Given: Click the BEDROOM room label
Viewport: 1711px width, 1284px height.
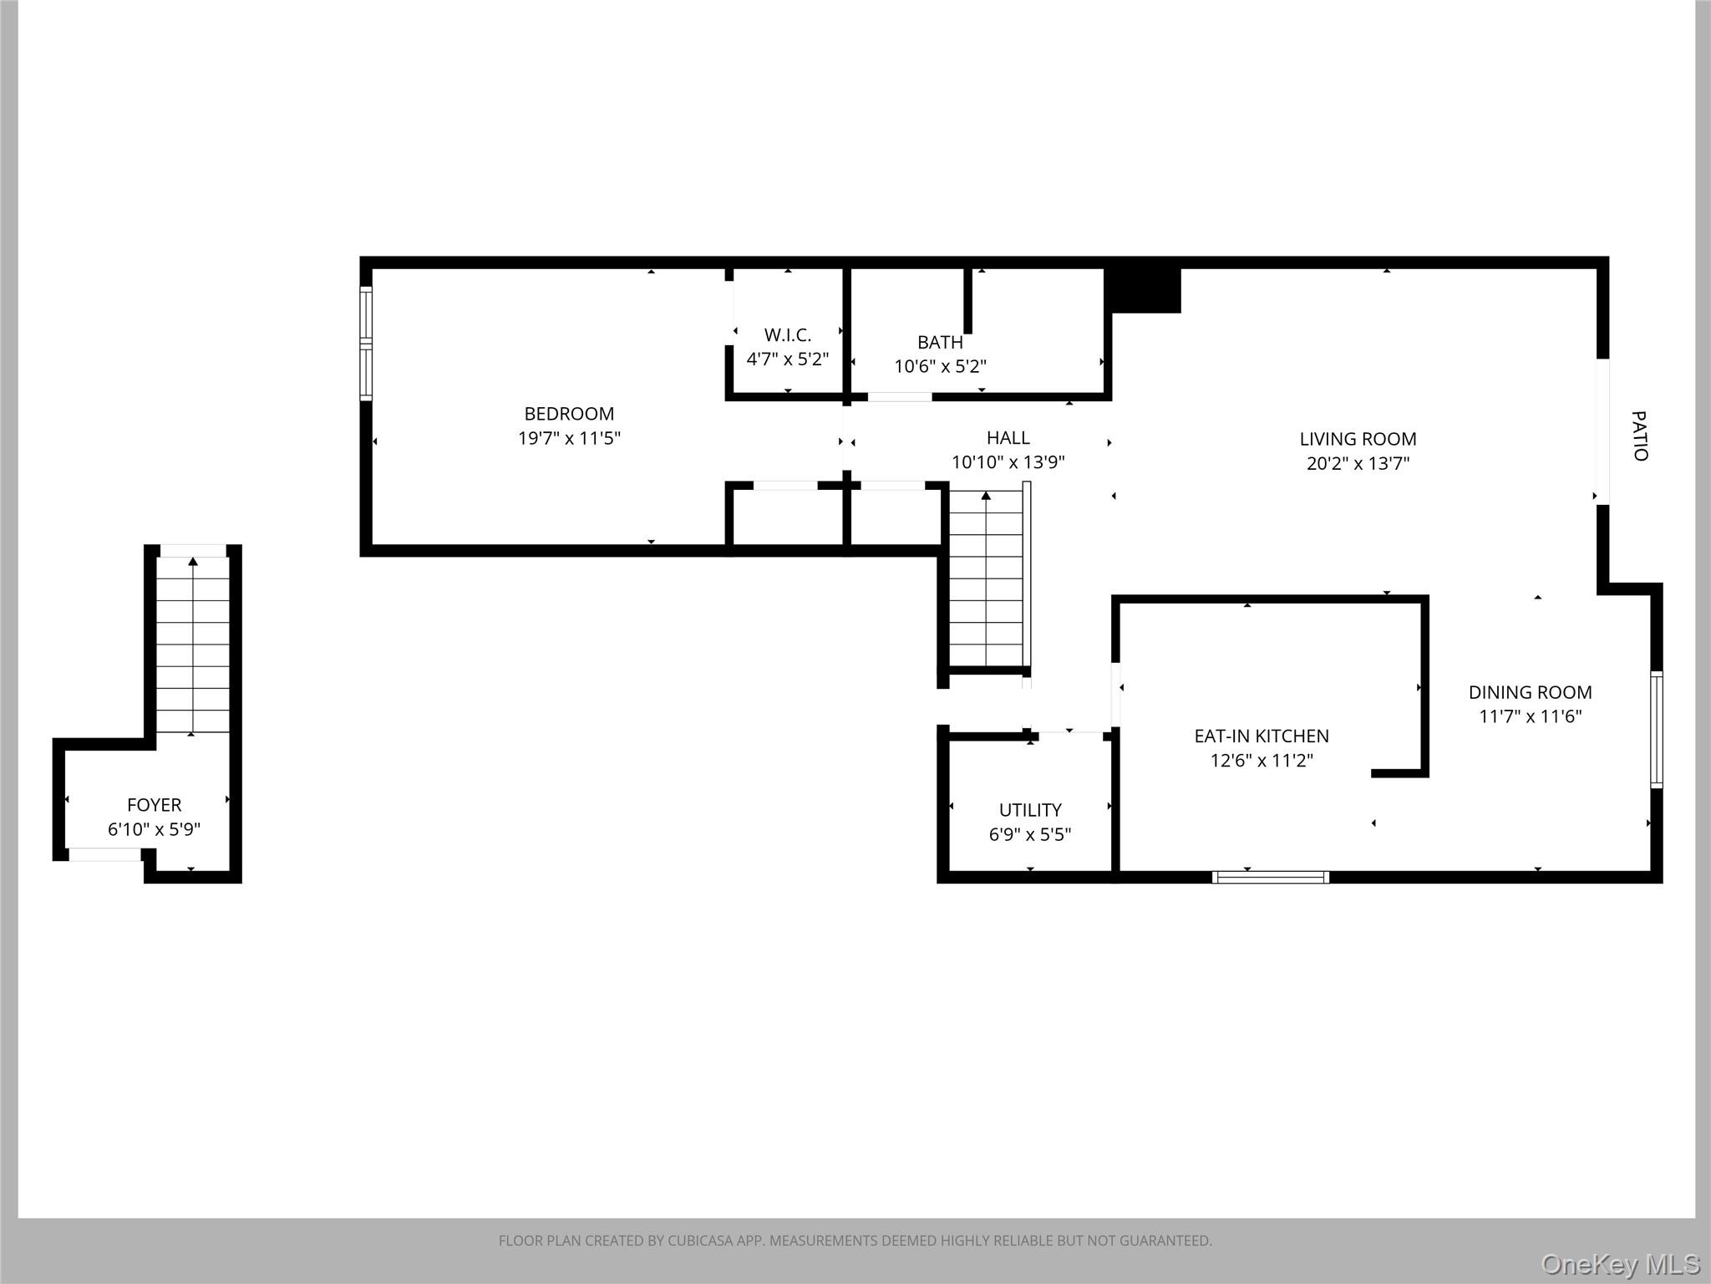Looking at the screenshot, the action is (x=569, y=414).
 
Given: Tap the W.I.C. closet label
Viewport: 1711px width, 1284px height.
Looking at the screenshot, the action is (x=788, y=335).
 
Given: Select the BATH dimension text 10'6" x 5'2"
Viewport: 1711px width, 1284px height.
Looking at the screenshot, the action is (x=941, y=366).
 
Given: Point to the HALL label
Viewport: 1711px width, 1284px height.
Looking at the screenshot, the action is (x=1008, y=437).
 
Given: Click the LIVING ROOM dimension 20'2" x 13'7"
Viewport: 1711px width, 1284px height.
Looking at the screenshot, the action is (x=1358, y=463).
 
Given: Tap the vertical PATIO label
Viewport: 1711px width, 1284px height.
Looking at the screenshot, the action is (x=1640, y=436).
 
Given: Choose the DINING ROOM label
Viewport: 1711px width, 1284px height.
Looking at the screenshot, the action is (x=1531, y=692).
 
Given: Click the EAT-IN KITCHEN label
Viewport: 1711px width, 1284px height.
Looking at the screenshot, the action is (x=1262, y=736).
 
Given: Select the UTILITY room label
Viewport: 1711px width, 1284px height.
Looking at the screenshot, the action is (x=1030, y=810).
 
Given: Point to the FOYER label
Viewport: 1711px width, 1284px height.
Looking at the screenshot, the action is (x=155, y=805).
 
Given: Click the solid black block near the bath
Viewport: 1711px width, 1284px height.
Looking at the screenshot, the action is (x=1143, y=291).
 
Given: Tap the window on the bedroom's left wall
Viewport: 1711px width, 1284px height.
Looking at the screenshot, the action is (x=366, y=343).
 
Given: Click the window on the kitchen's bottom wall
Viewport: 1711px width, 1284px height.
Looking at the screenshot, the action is (x=1271, y=877).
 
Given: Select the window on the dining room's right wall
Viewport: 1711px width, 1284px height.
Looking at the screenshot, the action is (x=1657, y=729).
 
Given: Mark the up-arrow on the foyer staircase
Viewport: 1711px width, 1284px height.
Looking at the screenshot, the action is (x=193, y=561).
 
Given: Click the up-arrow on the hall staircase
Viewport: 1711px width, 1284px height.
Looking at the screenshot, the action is (x=986, y=496).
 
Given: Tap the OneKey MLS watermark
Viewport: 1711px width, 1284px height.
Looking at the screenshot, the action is (x=1621, y=1264).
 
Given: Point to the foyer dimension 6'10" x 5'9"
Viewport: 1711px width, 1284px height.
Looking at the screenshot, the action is (x=155, y=830).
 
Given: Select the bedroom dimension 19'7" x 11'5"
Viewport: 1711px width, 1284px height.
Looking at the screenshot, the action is (x=569, y=438).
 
